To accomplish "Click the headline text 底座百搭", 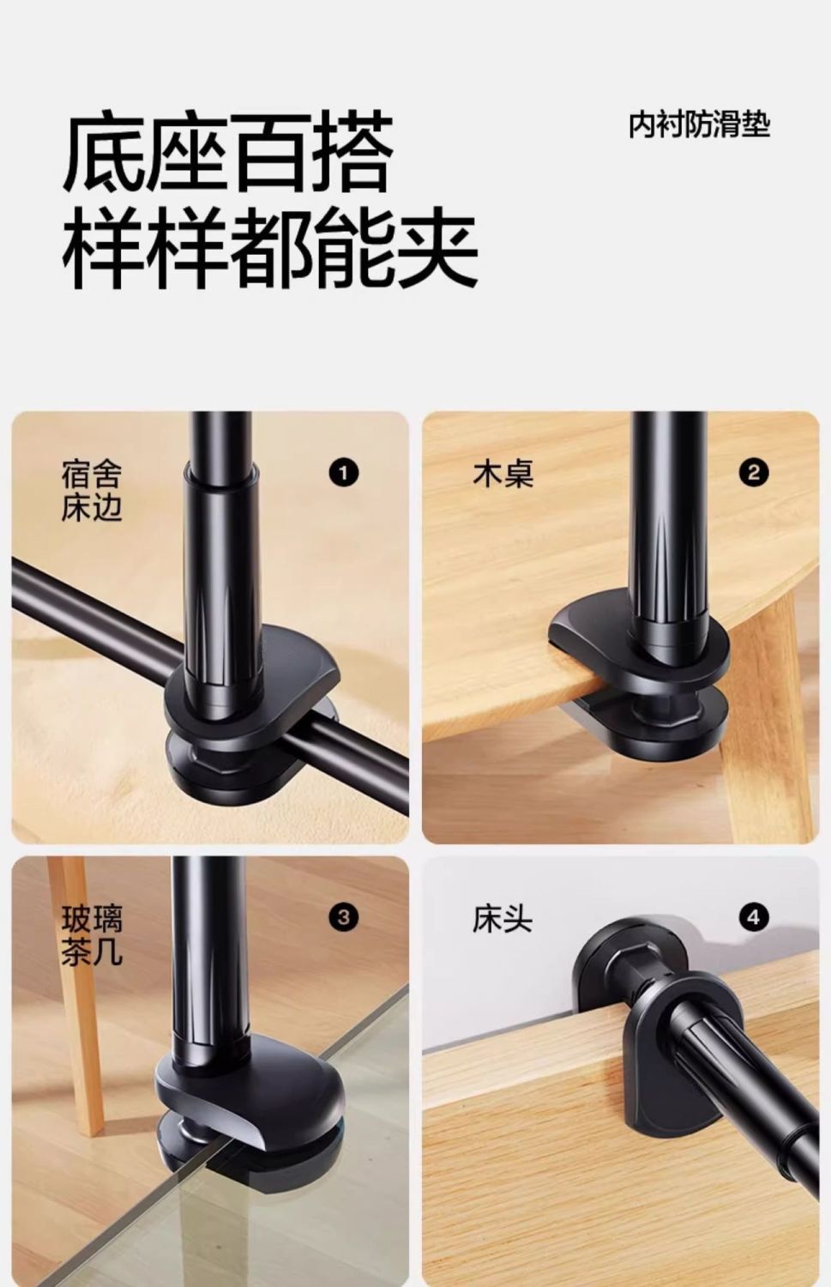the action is click(x=228, y=152).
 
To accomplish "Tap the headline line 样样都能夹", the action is click(x=270, y=247).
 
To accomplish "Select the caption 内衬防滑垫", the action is click(x=699, y=124).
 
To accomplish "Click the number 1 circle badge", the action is click(x=343, y=473).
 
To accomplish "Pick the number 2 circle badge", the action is click(x=754, y=473).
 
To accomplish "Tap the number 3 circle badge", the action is click(x=343, y=917).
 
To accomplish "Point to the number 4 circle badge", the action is click(x=754, y=917).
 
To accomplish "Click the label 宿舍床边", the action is click(x=92, y=490).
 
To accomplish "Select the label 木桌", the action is click(x=503, y=474).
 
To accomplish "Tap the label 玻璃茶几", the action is click(x=92, y=935).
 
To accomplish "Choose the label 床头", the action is click(x=503, y=918).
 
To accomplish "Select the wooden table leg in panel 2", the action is click(x=764, y=729).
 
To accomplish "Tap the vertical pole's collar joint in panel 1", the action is click(x=221, y=472).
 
